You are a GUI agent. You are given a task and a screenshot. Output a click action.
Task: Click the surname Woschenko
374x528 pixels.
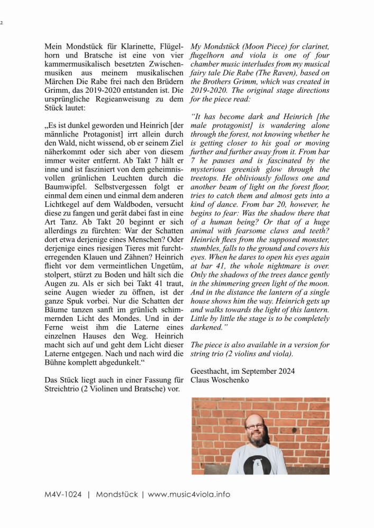coord(228,380)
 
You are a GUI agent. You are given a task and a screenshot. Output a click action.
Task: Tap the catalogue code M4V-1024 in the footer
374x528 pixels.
coord(63,495)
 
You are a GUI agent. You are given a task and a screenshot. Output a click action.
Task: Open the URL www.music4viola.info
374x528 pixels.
coord(189,495)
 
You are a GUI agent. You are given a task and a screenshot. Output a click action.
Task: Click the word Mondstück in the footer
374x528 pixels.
coord(116,495)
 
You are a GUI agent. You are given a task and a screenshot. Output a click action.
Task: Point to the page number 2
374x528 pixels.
coord(2,23)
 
